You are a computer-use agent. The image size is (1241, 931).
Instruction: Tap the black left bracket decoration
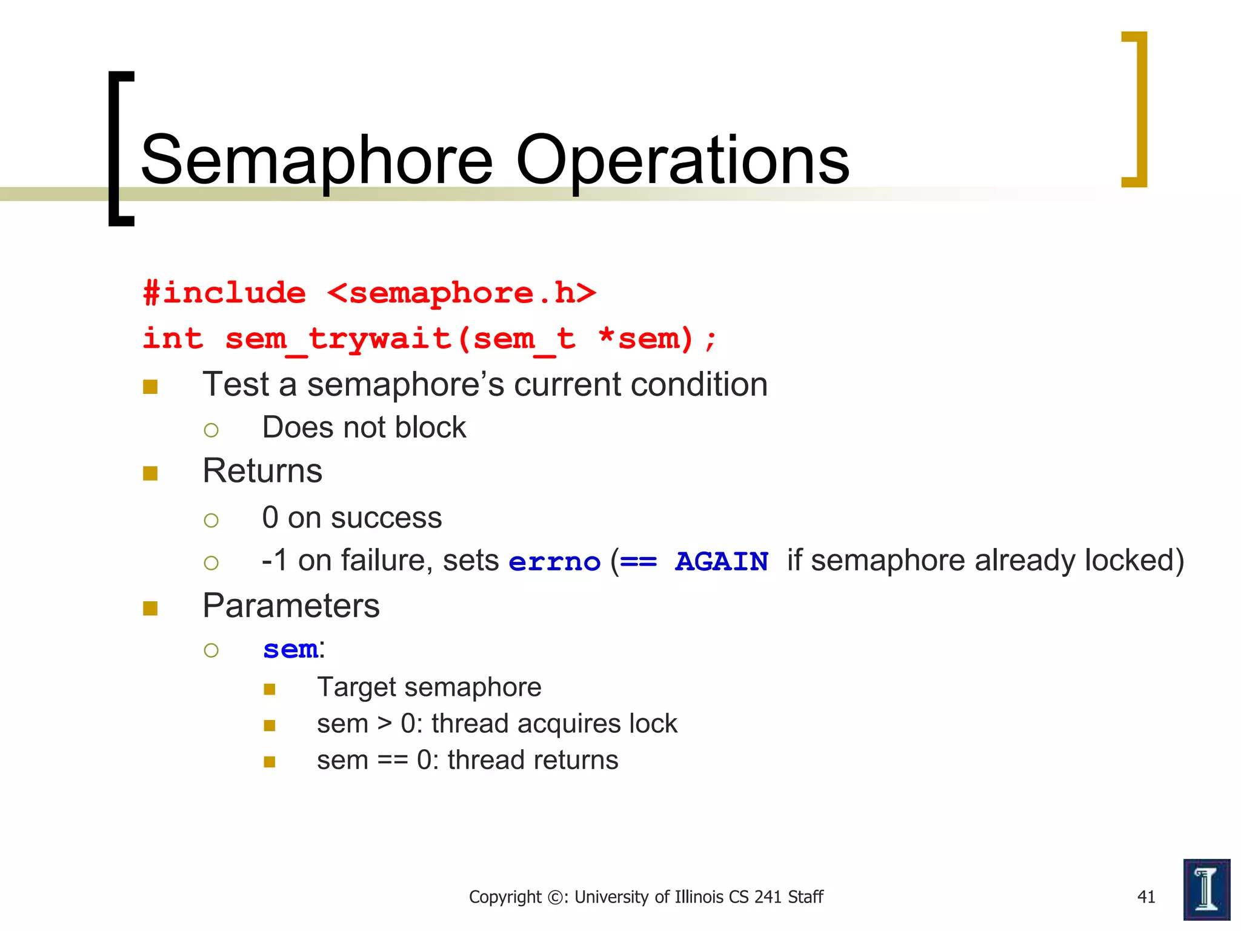click(x=120, y=148)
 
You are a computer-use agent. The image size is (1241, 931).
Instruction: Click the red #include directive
click(x=225, y=293)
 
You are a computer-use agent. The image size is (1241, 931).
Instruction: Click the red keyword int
click(x=173, y=339)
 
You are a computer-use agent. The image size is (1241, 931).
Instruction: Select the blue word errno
click(x=554, y=562)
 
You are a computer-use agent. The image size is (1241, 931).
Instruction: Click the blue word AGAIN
click(x=722, y=562)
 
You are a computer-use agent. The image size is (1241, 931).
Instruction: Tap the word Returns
click(x=262, y=471)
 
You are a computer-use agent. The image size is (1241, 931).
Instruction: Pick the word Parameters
click(x=291, y=606)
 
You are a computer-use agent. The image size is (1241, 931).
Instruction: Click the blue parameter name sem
click(x=290, y=650)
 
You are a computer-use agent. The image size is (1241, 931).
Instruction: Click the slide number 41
click(x=1146, y=897)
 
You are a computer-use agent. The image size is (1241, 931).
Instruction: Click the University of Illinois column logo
click(x=1206, y=889)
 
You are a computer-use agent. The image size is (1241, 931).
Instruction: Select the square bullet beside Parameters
click(x=150, y=608)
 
